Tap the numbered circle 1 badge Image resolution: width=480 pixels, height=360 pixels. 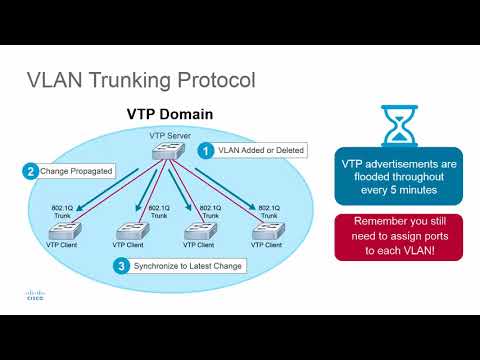[x=206, y=151]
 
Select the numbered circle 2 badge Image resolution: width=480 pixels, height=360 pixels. [x=31, y=171]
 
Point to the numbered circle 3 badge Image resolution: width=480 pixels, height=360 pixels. [x=121, y=266]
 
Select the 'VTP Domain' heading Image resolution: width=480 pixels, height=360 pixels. [x=169, y=115]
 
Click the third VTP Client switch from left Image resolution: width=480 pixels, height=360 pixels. [x=200, y=229]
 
